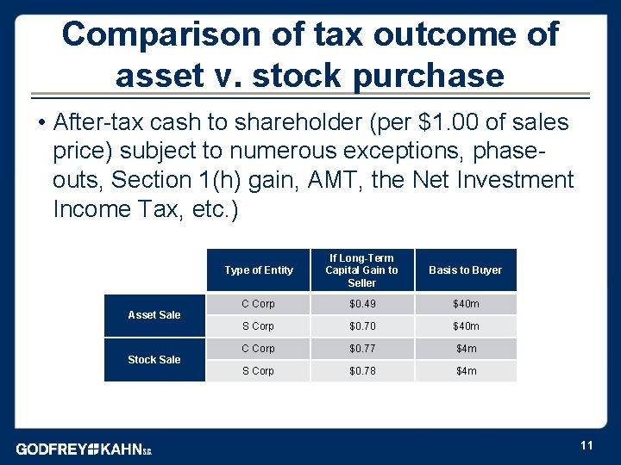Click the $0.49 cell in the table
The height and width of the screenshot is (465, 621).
point(361,304)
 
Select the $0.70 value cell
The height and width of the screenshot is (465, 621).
point(361,326)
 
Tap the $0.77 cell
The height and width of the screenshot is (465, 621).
point(361,349)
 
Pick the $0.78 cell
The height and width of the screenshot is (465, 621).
point(361,371)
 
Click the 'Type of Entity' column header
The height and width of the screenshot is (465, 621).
point(258,270)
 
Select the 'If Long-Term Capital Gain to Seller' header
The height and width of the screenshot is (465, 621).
point(361,270)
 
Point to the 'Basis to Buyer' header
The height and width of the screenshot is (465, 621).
point(465,270)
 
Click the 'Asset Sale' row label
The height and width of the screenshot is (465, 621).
point(154,315)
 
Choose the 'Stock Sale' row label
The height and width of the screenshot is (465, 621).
point(154,360)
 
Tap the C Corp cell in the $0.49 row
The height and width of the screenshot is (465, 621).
point(258,304)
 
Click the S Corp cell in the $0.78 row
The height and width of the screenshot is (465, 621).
point(258,371)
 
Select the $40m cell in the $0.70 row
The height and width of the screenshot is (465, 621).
point(466,326)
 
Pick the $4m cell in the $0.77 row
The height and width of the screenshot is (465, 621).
point(466,349)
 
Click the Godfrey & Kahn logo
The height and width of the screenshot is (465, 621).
point(84,449)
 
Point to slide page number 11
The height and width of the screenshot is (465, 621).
point(586,445)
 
